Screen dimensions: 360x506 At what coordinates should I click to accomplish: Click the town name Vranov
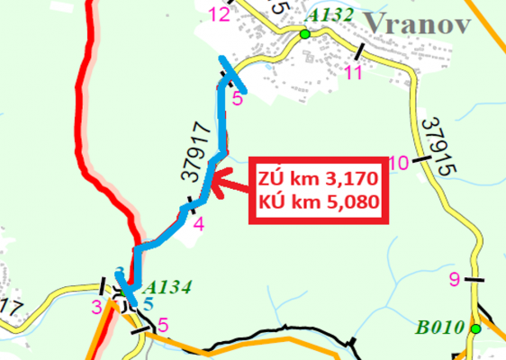416,22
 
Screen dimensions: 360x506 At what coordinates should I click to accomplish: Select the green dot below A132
305,34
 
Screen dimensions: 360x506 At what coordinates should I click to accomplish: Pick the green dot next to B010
475,328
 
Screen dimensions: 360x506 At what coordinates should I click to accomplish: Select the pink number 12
219,13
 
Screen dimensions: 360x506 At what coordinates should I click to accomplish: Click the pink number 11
353,72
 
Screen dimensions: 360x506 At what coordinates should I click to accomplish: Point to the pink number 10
400,163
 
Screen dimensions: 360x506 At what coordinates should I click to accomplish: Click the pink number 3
96,307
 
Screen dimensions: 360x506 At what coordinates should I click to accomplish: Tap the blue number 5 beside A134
148,302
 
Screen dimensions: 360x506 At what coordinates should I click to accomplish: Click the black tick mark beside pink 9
474,281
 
